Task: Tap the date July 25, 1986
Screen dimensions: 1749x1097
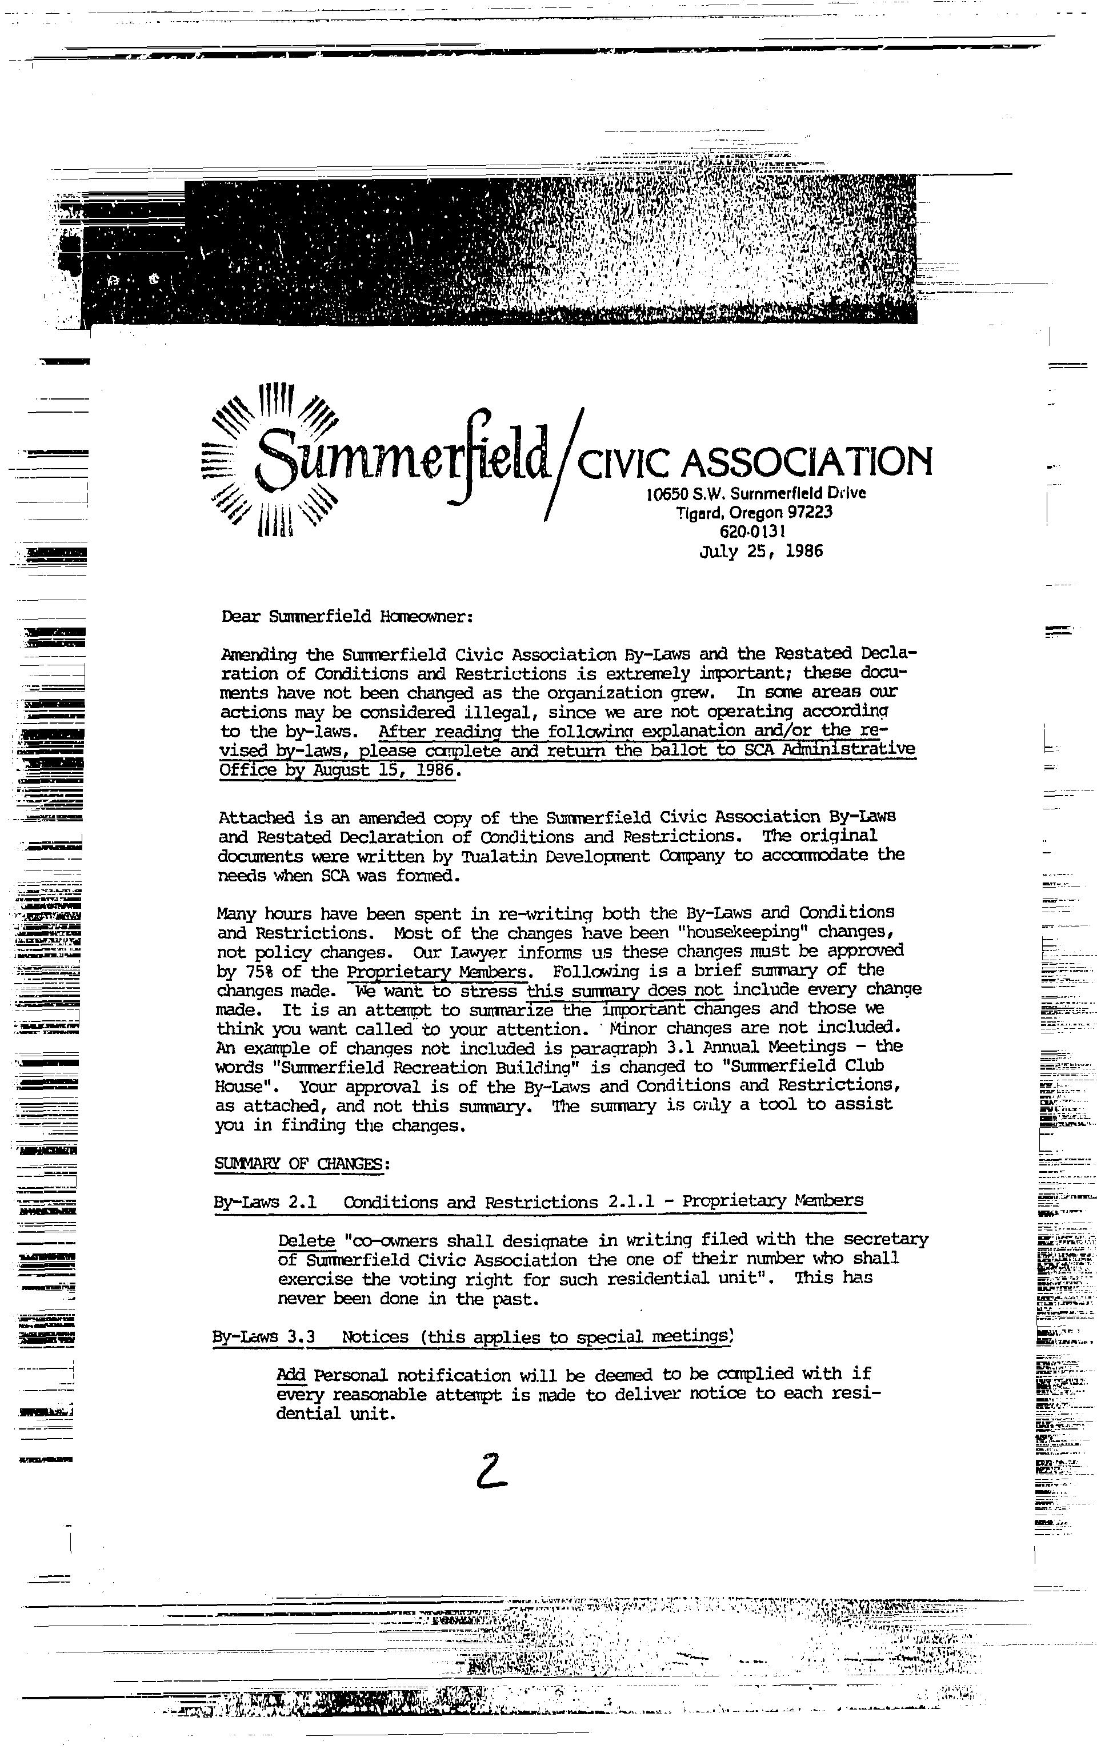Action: (761, 552)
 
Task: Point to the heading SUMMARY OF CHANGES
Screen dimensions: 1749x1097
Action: (302, 1163)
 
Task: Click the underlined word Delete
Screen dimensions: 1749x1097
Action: (307, 1240)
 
